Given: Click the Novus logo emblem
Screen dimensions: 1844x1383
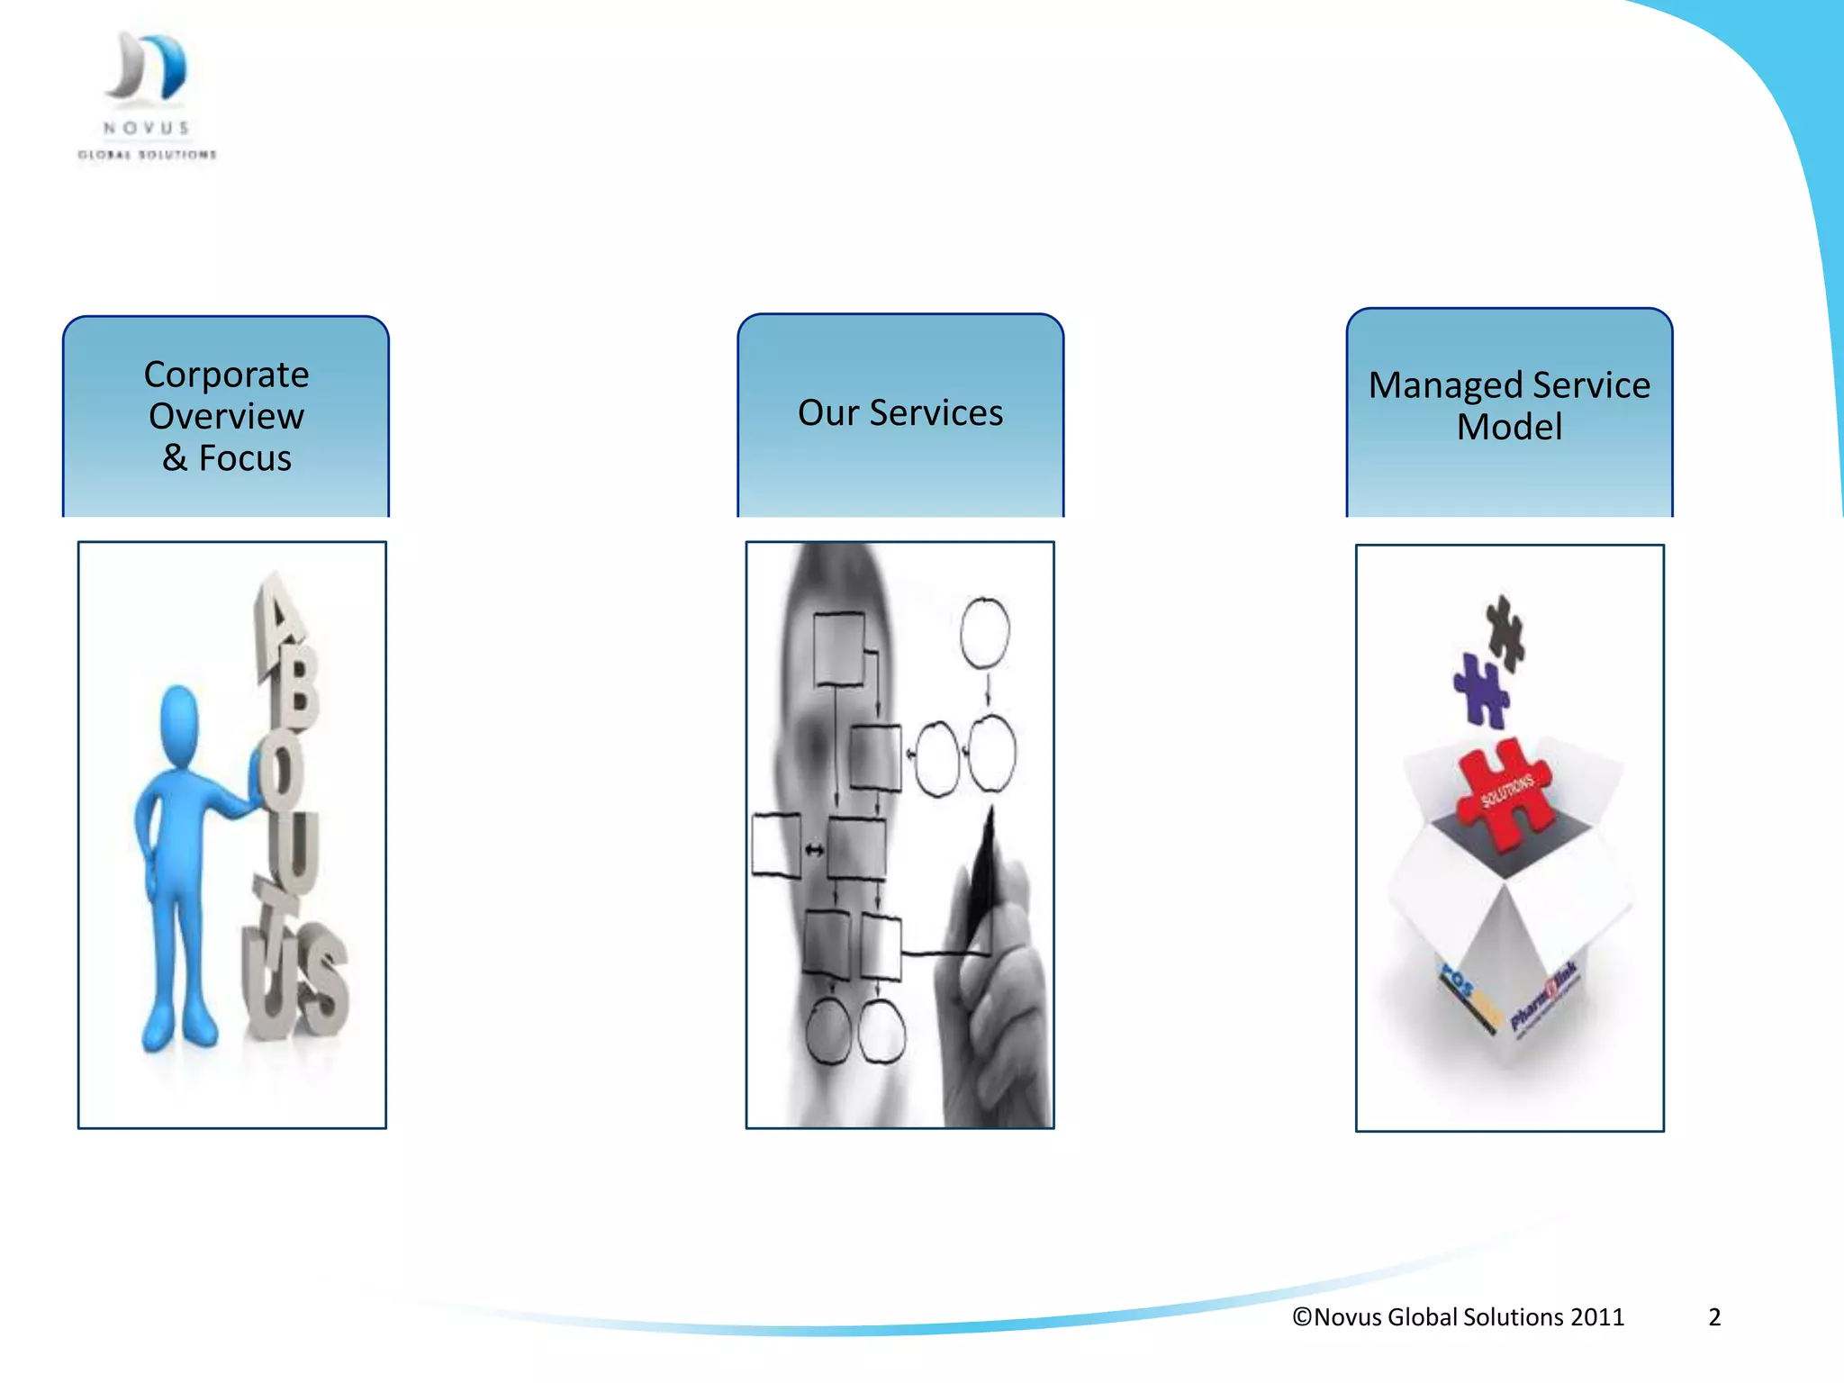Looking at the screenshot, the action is click(x=147, y=67).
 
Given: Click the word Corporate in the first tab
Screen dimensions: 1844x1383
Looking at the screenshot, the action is click(x=226, y=375).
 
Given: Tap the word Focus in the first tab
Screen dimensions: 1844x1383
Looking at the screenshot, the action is click(x=245, y=458).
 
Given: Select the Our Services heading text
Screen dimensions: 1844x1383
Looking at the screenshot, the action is click(x=900, y=413).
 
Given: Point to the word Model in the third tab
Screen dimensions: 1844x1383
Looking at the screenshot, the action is click(x=1509, y=427).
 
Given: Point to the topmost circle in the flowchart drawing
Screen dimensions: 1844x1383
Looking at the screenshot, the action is click(x=984, y=632).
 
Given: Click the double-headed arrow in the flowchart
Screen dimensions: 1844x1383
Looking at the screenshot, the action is click(x=814, y=850).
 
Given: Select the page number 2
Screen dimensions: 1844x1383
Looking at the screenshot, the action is click(x=1714, y=1317).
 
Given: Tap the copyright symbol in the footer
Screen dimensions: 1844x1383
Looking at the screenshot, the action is click(x=1302, y=1317).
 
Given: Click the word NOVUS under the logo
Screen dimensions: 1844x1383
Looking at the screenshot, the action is click(x=147, y=129).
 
